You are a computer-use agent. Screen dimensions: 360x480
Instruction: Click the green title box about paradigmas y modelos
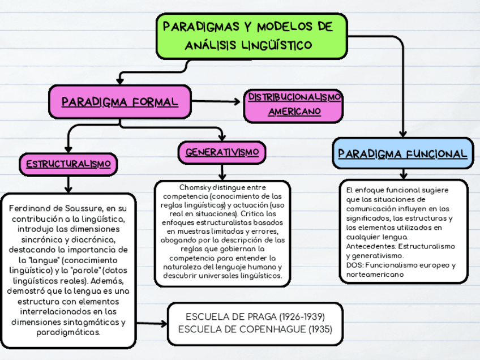(251, 36)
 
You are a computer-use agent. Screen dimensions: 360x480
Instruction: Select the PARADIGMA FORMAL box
(119, 102)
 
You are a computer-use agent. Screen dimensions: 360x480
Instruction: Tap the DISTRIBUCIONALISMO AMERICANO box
(294, 105)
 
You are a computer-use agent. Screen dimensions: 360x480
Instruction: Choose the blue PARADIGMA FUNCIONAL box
(402, 153)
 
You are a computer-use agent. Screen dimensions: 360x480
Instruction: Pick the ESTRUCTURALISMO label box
(68, 164)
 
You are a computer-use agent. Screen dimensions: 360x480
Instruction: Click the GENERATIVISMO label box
(222, 152)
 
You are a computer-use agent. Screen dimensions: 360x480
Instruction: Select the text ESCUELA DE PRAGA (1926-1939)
(255, 317)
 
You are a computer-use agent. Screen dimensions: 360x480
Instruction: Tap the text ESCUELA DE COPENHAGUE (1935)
(255, 329)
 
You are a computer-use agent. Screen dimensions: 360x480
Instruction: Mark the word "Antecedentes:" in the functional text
(371, 247)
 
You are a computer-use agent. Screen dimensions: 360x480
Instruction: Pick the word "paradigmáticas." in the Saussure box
(68, 332)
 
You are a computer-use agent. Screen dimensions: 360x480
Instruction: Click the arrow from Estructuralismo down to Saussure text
(68, 184)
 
